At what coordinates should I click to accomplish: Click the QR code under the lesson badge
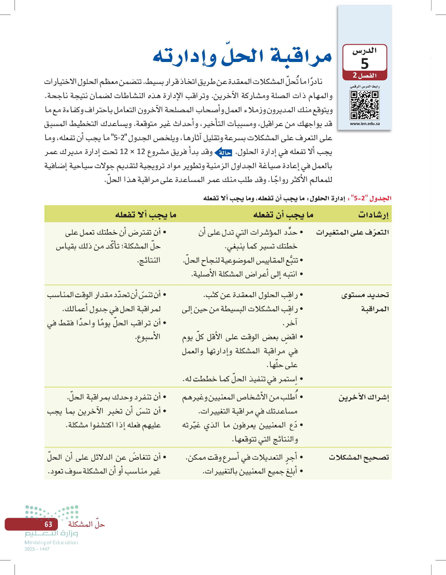pos(364,105)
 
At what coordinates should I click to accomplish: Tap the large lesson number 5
pos(365,63)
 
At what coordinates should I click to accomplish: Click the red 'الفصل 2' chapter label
pos(365,75)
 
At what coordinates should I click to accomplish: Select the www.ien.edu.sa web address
pos(365,124)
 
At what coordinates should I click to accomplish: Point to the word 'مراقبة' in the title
pos(301,57)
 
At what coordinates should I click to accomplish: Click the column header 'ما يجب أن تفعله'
pos(283,215)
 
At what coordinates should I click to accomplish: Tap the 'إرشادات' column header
pos(373,215)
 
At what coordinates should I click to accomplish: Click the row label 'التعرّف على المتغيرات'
pos(352,232)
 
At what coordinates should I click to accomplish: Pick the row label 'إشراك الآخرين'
pos(364,397)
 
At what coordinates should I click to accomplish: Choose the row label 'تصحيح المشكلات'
pos(359,457)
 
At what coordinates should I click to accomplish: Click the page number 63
pos(48,524)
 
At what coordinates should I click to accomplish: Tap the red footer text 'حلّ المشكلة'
pos(86,524)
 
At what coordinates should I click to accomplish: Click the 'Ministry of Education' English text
pos(51,542)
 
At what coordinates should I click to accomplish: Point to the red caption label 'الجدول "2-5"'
pos(371,198)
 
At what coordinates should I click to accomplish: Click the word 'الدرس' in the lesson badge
pos(365,51)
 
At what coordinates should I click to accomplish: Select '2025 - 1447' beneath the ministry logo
pos(37,549)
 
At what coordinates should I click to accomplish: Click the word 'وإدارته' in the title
pos(184,57)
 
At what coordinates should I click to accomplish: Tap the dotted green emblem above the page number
pos(52,512)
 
